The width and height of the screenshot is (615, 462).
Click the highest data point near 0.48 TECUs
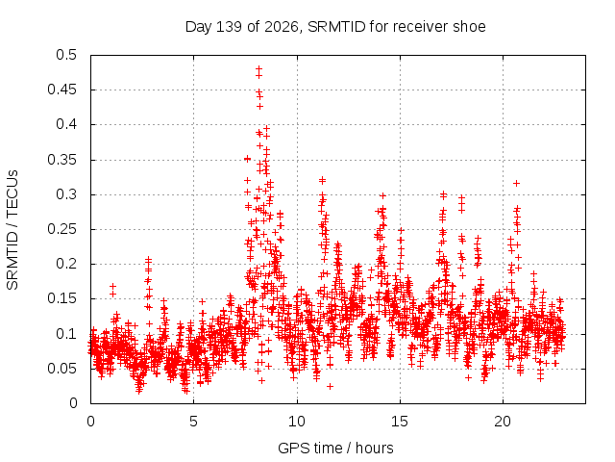point(258,69)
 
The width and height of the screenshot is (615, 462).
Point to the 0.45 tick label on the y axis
point(61,90)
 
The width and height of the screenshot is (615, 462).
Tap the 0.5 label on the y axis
point(66,55)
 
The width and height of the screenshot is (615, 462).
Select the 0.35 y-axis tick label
point(61,160)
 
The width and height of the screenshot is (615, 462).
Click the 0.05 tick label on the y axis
point(61,369)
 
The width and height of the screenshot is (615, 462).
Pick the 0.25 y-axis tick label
point(61,229)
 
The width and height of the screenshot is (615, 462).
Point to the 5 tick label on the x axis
point(193,422)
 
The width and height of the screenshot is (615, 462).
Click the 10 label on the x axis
point(297,422)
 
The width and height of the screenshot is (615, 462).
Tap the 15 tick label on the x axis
point(400,422)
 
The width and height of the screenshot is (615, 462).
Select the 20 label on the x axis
point(503,422)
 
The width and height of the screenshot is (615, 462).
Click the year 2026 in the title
point(282,27)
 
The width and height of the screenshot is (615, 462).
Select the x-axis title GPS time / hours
point(335,448)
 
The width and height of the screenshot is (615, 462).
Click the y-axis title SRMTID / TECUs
point(12,230)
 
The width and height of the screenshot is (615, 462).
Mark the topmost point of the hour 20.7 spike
point(517,183)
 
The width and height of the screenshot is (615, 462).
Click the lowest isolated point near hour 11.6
point(331,387)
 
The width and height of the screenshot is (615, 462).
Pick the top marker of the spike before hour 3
point(148,259)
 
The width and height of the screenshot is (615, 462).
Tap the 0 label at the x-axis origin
point(90,422)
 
